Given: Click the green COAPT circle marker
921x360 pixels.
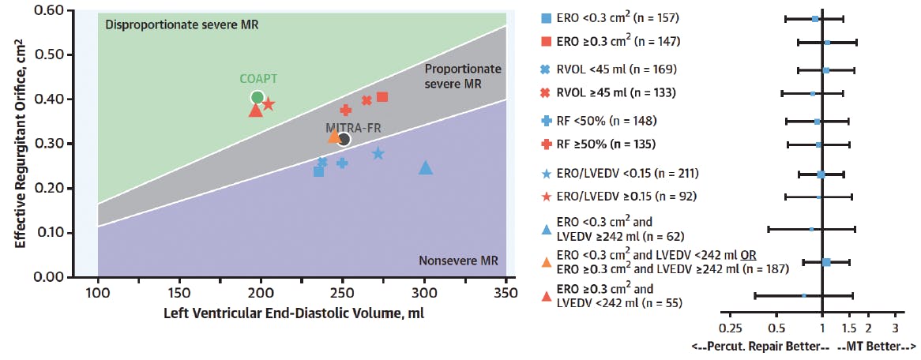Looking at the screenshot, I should point(257,98).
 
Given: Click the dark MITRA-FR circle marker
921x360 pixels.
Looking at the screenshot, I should point(344,140).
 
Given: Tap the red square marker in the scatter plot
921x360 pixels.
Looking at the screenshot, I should point(382,97).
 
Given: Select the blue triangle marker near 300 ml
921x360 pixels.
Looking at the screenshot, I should point(426,168).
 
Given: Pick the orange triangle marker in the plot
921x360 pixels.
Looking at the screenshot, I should point(334,137).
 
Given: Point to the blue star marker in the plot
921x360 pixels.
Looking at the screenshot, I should point(378,154).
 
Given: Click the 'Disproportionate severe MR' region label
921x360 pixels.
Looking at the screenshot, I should point(182,24).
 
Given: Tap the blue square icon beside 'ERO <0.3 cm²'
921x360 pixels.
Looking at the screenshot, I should point(546,17).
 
